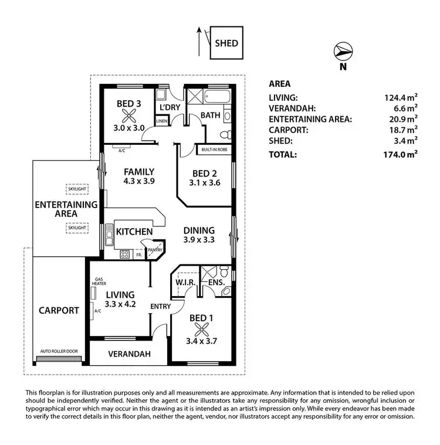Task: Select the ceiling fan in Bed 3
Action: pyautogui.click(x=128, y=116)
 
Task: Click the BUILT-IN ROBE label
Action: pyautogui.click(x=214, y=150)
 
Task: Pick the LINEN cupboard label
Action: pyautogui.click(x=162, y=121)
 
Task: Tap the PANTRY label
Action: pyautogui.click(x=155, y=250)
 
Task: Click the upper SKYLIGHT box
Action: pyautogui.click(x=77, y=189)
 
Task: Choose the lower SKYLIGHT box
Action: pyautogui.click(x=77, y=227)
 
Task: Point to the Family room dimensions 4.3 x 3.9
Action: pyautogui.click(x=138, y=181)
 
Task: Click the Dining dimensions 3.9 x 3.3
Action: pyautogui.click(x=198, y=240)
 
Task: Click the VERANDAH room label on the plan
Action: pyautogui.click(x=130, y=354)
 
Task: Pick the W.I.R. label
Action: pyautogui.click(x=185, y=283)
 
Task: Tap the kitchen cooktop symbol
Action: pyautogui.click(x=124, y=254)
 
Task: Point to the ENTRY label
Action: pyautogui.click(x=160, y=306)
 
